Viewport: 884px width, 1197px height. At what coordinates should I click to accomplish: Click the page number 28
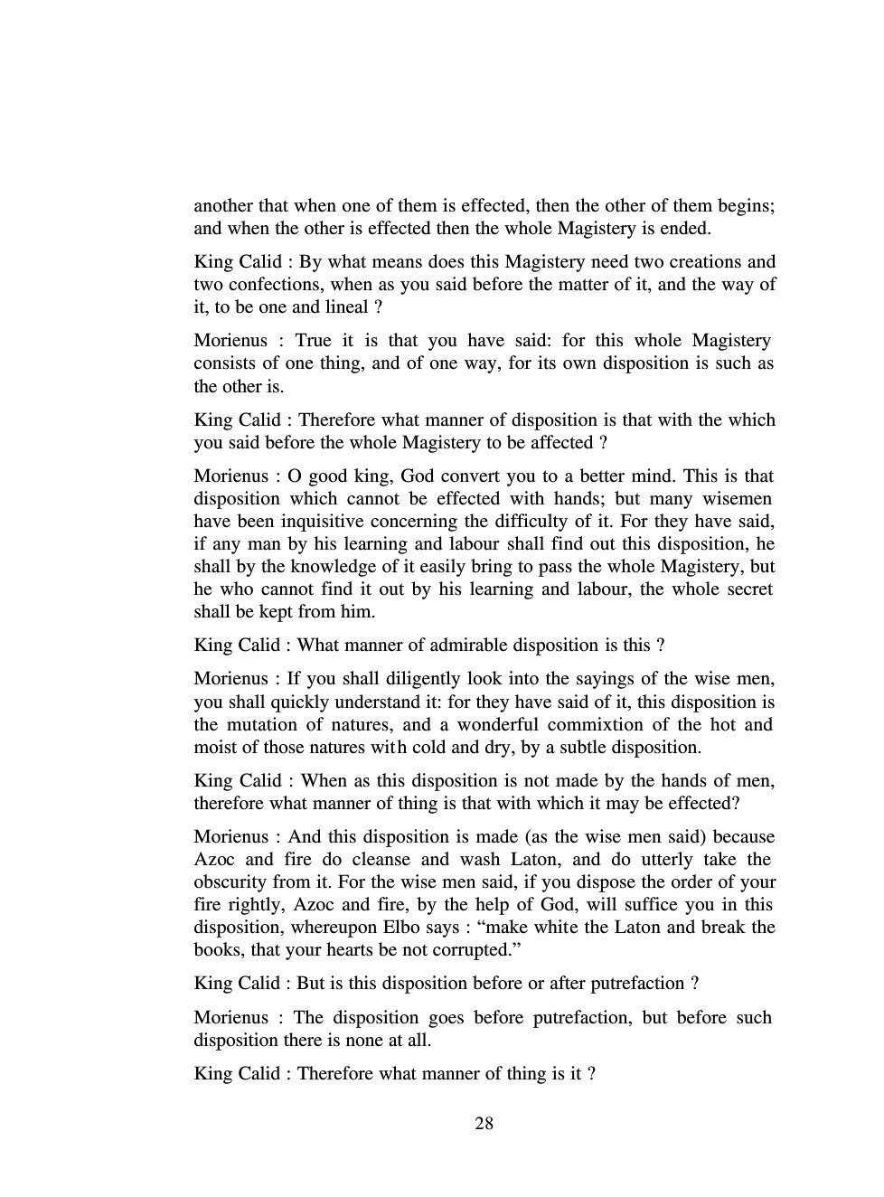tap(484, 1124)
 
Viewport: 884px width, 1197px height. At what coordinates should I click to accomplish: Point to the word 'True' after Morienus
tap(313, 341)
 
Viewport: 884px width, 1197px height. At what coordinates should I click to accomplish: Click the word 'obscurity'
tap(230, 881)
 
